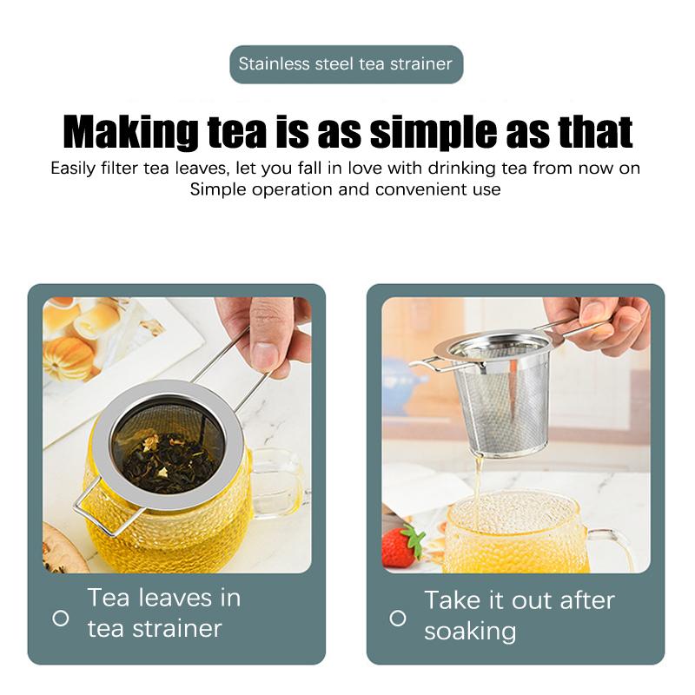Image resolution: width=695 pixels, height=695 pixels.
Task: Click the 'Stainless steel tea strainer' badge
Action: [346, 64]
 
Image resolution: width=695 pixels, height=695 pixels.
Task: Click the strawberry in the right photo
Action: [401, 546]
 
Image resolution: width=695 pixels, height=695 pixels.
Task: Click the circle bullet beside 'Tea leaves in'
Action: [61, 618]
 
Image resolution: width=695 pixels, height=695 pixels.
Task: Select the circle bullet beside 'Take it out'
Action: [398, 618]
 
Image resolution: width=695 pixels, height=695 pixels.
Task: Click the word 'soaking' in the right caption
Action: [470, 631]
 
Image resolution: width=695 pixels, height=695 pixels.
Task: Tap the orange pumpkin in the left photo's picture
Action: [67, 357]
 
